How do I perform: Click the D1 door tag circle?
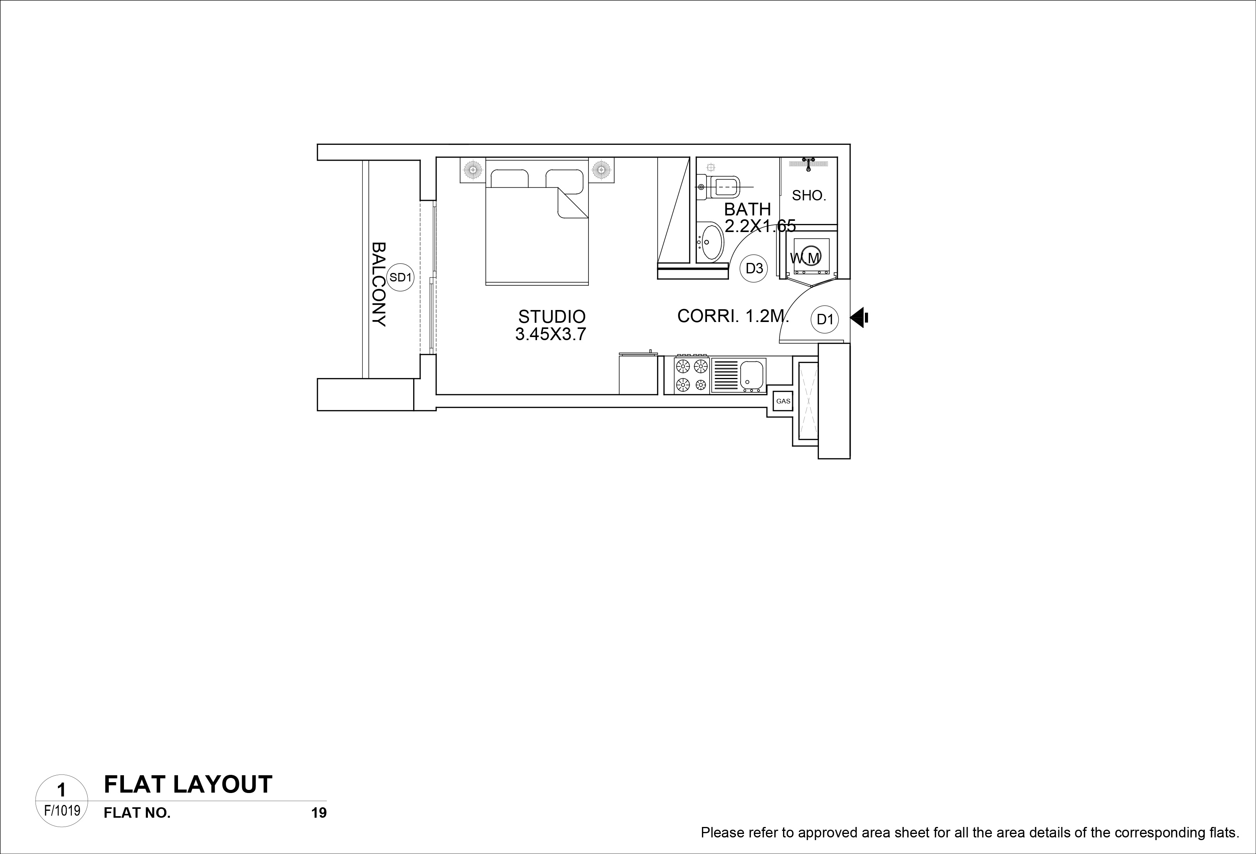point(825,319)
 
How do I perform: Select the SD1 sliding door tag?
point(400,277)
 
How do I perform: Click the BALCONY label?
point(379,284)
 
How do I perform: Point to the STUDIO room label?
point(552,316)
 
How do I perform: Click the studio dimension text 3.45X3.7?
point(551,334)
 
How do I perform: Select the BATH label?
point(747,209)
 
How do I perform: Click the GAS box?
point(783,401)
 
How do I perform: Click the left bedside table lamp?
point(473,170)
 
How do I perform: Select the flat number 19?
point(319,813)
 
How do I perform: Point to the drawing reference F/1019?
point(62,811)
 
